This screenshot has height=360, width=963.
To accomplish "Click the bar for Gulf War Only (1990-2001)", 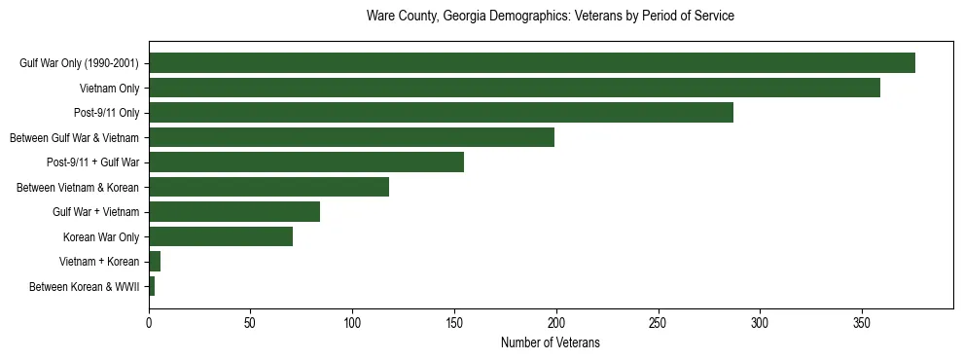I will [531, 63].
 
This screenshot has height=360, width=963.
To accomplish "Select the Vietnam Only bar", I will [514, 88].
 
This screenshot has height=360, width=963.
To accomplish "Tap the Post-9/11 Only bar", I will [441, 113].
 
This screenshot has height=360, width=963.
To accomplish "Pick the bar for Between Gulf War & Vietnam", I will [351, 137].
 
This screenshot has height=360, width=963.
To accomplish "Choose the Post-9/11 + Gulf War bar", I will [306, 162].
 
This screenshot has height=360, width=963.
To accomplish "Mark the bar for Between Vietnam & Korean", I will [268, 187].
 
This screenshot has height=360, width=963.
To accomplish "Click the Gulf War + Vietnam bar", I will [234, 212].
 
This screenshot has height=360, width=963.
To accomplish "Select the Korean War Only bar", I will [221, 236].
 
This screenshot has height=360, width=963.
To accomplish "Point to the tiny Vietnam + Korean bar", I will [155, 262].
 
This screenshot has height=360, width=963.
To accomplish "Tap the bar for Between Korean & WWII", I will [152, 286].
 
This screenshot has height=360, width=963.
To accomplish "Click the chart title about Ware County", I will [550, 17].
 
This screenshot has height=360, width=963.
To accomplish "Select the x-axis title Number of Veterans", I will [550, 343].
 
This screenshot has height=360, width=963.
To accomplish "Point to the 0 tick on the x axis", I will [149, 322].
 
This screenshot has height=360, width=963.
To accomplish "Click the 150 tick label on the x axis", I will [454, 322].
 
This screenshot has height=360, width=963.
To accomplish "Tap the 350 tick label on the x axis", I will [862, 322].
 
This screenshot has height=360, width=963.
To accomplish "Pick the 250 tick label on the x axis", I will [659, 322].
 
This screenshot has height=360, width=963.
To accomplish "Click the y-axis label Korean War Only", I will [101, 236].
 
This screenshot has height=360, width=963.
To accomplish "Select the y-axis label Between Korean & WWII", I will [85, 286].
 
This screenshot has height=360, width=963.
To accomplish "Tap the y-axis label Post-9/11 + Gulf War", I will [92, 162].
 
